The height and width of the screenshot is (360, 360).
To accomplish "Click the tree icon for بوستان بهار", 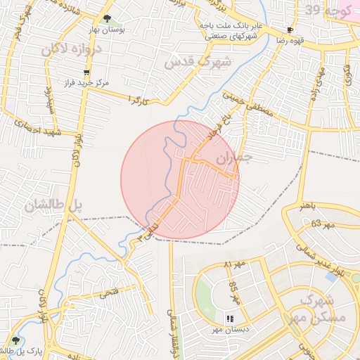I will [x=106, y=19].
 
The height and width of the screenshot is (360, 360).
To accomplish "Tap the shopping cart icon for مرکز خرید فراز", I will [x=86, y=72].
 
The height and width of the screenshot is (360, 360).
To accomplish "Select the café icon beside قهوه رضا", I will [x=290, y=30].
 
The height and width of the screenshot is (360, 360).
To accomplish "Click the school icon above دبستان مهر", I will [x=229, y=318].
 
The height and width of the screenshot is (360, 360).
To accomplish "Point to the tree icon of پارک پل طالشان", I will [x=15, y=340].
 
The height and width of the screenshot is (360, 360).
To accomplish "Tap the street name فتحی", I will [x=112, y=297].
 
